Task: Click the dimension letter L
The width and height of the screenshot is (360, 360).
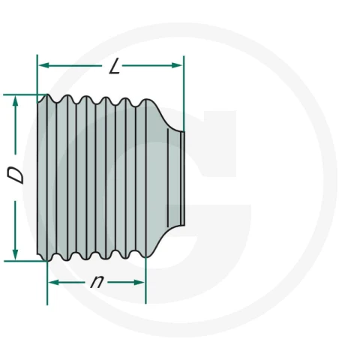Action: coord(115,66)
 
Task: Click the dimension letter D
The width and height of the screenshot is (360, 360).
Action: coord(16,175)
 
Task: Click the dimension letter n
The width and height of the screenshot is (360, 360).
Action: coord(97,282)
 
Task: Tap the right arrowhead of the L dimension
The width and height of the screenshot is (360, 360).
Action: coord(177,65)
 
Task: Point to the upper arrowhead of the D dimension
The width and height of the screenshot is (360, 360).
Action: coord(16,101)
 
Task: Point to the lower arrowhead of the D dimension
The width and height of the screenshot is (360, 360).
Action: coord(16,255)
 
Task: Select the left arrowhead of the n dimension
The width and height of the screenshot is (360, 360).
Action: coord(53,283)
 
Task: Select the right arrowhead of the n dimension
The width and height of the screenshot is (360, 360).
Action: coord(139,283)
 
